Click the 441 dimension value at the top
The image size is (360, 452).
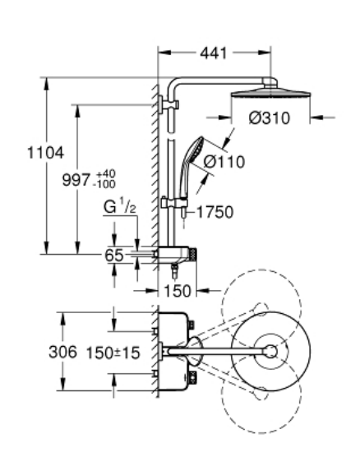214,53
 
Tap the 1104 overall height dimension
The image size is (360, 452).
45,153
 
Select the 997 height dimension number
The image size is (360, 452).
76,180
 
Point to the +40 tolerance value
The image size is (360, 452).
106,174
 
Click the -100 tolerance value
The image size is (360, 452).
104,184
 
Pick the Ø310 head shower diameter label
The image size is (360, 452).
270,118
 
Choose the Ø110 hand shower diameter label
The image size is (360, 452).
224,162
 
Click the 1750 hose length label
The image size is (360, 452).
215,212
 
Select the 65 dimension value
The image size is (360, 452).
114,255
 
